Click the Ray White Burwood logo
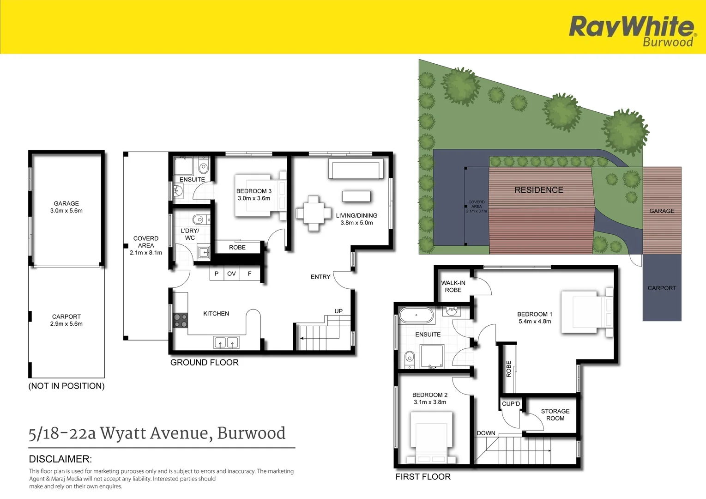(632, 30)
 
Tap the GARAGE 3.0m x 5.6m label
(66, 207)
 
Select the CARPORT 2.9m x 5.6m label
(66, 320)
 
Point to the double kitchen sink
(226, 342)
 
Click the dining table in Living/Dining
(314, 213)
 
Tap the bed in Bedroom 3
(259, 195)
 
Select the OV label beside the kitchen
(231, 274)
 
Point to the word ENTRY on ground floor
(320, 277)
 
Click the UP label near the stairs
(338, 311)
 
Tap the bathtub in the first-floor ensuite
(416, 315)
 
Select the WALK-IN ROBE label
(453, 286)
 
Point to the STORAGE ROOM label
(555, 414)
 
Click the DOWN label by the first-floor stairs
(486, 433)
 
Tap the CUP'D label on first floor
(511, 404)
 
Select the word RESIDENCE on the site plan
(539, 190)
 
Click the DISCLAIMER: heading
(60, 459)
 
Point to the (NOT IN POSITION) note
(66, 386)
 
